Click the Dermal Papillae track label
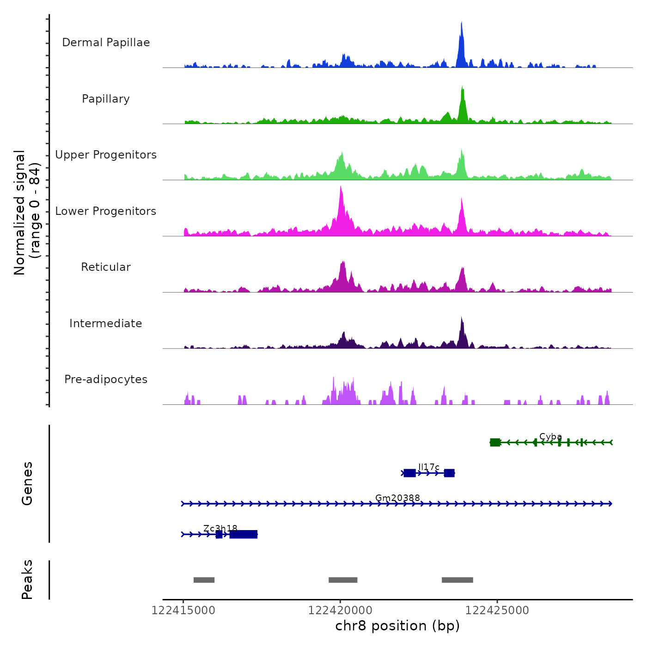106,43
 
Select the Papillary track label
106,99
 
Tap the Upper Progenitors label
106,155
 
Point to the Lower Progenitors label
106,211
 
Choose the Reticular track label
106,267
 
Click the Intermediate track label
106,323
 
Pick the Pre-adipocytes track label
106,379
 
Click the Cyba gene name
550,437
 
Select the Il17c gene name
429,467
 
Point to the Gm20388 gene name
397,498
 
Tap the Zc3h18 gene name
220,528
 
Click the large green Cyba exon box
495,442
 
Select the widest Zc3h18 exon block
244,534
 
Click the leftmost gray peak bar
204,580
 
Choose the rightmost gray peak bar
457,580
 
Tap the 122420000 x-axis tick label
340,610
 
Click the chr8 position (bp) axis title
397,626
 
